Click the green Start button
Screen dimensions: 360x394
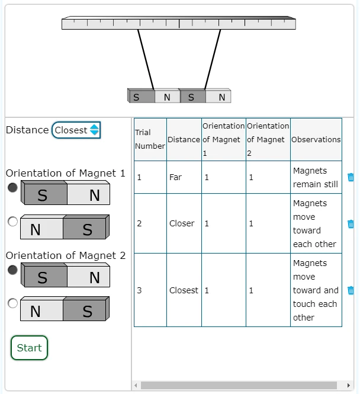[29, 348]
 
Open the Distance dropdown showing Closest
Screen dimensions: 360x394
[76, 130]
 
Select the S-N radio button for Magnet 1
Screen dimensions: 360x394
[12, 187]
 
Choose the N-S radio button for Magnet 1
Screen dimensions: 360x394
[12, 222]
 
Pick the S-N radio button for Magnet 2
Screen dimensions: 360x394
[12, 270]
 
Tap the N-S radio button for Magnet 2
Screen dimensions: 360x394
[12, 303]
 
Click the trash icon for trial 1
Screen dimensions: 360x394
[351, 177]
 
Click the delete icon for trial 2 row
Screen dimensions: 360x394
[351, 223]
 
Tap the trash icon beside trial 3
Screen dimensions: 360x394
[351, 290]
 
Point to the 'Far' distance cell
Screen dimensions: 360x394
[184, 177]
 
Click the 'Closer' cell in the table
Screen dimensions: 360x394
[184, 223]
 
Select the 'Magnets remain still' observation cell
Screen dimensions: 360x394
[316, 177]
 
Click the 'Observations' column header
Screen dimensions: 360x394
[316, 139]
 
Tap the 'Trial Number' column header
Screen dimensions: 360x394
[150, 139]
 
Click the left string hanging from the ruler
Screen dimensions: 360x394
[146, 59]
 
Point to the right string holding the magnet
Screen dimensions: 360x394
[213, 59]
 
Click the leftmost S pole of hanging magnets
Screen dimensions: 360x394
[142, 97]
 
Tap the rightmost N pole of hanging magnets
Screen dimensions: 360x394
[218, 97]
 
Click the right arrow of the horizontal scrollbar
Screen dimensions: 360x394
[348, 385]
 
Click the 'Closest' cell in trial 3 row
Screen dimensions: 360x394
[184, 290]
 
